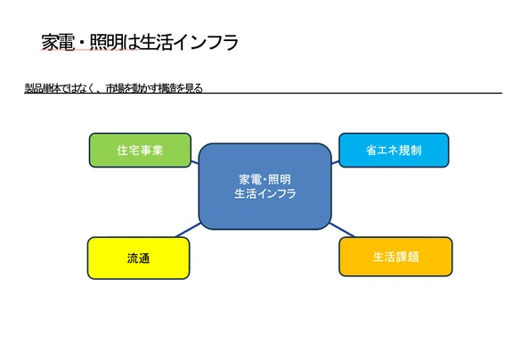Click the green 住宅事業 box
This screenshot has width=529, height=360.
pos(140,150)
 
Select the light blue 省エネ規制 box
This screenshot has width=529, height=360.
pos(394,150)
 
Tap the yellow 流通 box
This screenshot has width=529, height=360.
pos(138,258)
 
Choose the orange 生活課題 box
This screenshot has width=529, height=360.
pos(395,257)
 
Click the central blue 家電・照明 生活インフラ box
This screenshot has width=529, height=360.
pos(264,186)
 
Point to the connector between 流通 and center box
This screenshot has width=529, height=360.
pos(188,230)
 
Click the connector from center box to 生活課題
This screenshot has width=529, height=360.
pos(342,230)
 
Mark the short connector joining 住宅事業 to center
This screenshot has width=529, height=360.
pos(195,162)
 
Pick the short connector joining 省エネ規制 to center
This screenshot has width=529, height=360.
pos(335,162)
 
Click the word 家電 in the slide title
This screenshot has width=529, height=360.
pos(58,42)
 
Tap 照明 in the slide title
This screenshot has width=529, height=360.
pos(106,42)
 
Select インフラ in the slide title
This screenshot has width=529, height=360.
pos(207,42)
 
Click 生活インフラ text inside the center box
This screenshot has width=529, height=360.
pos(265,193)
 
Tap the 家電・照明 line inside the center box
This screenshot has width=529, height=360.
pos(264,179)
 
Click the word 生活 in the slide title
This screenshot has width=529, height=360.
pos(157,42)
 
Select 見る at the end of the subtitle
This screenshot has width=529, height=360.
pos(194,88)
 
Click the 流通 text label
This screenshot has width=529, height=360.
pos(138,258)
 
